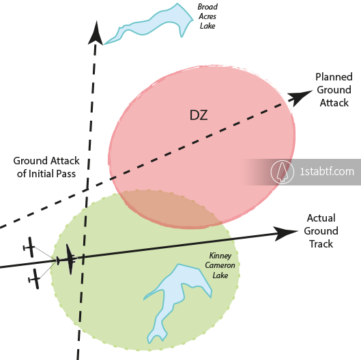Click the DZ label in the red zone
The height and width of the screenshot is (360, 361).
pyautogui.click(x=199, y=115)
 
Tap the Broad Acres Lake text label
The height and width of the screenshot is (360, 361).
pyautogui.click(x=207, y=16)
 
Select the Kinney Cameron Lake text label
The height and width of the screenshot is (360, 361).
pyautogui.click(x=220, y=265)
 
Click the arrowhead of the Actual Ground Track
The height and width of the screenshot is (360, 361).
pyautogui.click(x=285, y=232)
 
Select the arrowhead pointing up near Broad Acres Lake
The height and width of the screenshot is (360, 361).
pyautogui.click(x=96, y=33)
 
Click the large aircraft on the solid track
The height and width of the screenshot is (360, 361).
pyautogui.click(x=68, y=260)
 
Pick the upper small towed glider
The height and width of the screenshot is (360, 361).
pyautogui.click(x=30, y=247)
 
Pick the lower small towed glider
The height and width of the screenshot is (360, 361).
pyautogui.click(x=35, y=279)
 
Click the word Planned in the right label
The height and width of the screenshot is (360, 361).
pyautogui.click(x=334, y=77)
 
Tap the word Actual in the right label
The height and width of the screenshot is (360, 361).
pyautogui.click(x=321, y=218)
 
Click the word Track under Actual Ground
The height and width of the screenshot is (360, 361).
pyautogui.click(x=321, y=244)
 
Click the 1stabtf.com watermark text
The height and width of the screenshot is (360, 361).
pyautogui.click(x=327, y=172)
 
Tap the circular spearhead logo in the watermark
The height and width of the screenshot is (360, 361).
pyautogui.click(x=283, y=172)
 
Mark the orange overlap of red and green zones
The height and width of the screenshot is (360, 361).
pyautogui.click(x=171, y=208)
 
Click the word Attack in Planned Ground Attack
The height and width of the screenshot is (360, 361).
pyautogui.click(x=334, y=103)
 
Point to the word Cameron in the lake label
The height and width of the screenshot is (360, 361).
pyautogui.click(x=220, y=265)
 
